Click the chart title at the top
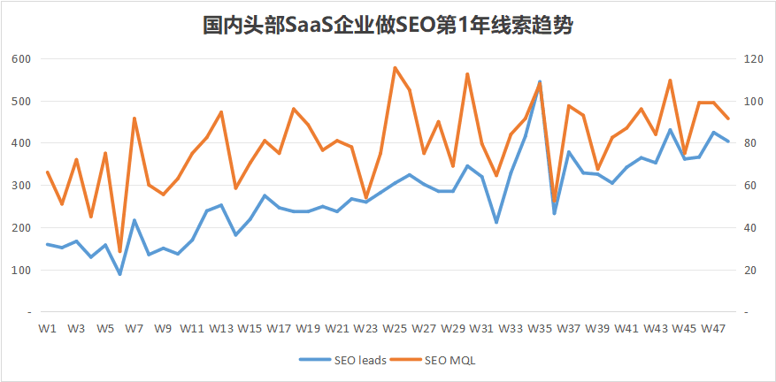coord(388,26)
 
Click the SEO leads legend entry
coord(353,360)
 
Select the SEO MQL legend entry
coord(450,360)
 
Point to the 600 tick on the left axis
coord(21,59)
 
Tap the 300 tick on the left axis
coord(21,186)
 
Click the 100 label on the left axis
coord(21,270)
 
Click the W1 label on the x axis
coord(48,328)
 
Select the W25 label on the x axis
coord(395,328)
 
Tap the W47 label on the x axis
coord(713,328)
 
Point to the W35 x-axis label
coord(540,328)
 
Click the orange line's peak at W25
coord(395,67)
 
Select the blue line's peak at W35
coord(540,81)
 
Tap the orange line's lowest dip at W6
coord(120,252)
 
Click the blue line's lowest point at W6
coord(120,274)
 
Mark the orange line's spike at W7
coord(134,118)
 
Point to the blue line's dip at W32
coord(496,223)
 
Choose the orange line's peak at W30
coord(467,73)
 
